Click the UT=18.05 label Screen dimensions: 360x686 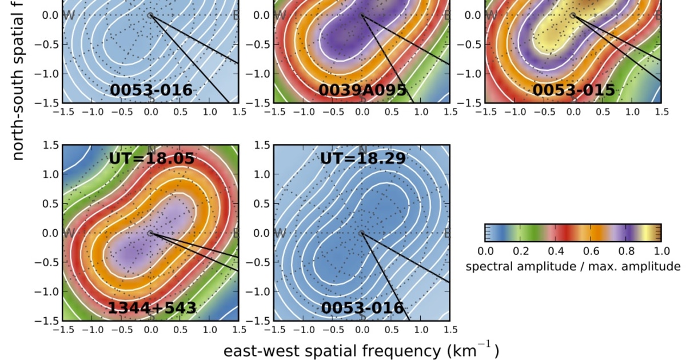152,158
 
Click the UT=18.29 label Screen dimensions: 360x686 362,158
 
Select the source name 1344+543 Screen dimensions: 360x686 152,309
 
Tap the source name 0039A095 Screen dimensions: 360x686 362,90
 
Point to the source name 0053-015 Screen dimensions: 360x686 573,90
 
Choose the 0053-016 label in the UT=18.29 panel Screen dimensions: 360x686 362,309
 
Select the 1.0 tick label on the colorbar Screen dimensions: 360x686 661,250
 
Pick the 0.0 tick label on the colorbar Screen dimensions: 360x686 485,250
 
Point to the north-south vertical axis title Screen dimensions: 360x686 18,80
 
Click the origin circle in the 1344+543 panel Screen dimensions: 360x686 150,233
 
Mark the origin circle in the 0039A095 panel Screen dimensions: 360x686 361,15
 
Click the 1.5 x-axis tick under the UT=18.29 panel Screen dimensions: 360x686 449,329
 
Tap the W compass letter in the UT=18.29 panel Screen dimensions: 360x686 280,233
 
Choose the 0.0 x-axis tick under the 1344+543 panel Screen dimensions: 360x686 150,329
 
